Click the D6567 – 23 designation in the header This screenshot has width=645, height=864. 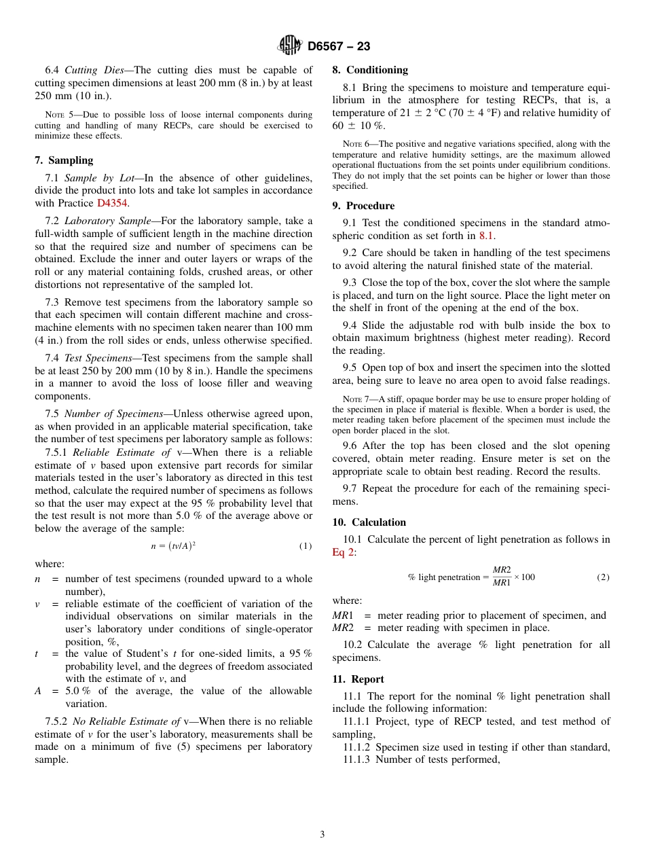tap(339, 46)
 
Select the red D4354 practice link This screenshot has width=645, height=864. tap(112, 203)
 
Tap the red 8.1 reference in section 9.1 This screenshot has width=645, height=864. tap(487, 236)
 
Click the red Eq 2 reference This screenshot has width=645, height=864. tap(343, 552)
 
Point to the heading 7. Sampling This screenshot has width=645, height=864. tap(64, 160)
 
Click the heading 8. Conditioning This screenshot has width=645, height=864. tap(370, 70)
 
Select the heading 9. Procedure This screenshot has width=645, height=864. tap(363, 206)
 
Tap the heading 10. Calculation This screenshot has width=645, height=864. tap(369, 522)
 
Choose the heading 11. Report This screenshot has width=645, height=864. tap(358, 679)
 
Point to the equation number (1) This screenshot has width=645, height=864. tap(306, 546)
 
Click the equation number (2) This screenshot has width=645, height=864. tap(603, 577)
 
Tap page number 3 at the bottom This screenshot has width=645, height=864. tap(322, 834)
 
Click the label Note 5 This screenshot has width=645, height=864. tap(56, 115)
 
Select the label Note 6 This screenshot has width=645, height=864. tap(353, 144)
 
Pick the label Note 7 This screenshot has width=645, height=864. tap(353, 399)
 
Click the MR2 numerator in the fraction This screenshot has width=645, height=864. tap(502, 569)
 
